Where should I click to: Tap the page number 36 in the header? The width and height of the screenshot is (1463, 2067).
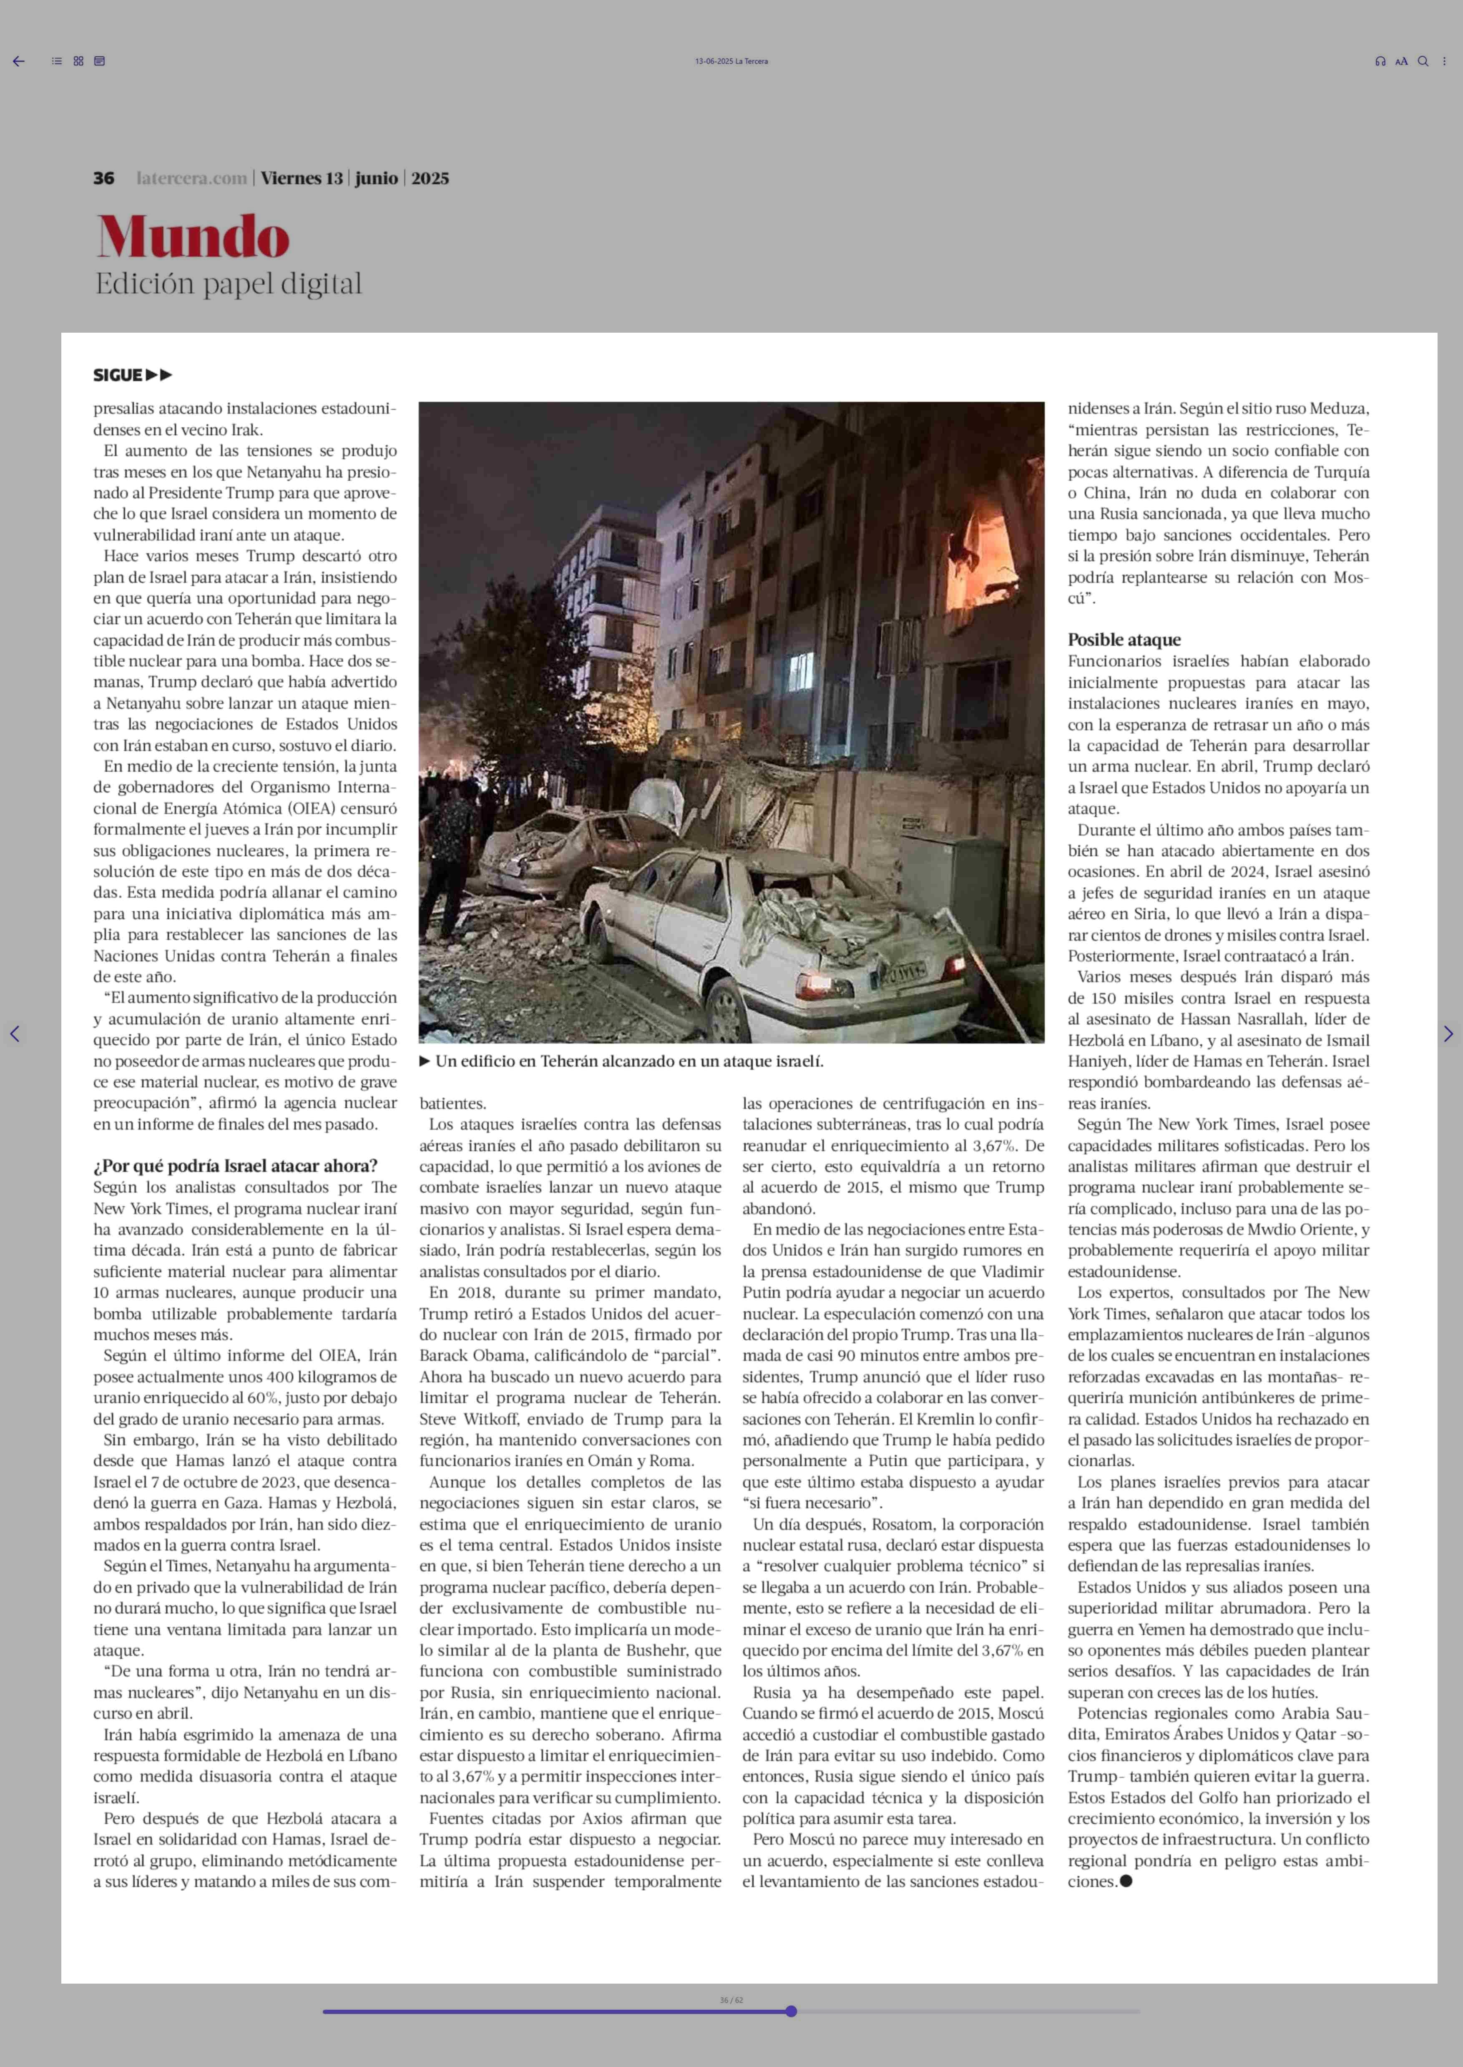coord(103,178)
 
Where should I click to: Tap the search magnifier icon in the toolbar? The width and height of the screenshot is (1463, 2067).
coord(1423,61)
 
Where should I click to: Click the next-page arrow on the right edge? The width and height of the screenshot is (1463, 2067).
coord(1448,1034)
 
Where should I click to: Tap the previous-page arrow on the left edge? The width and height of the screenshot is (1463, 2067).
coord(15,1034)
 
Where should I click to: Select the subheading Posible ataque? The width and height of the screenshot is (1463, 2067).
coord(1124,640)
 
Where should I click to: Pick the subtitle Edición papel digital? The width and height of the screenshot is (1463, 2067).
coord(229,284)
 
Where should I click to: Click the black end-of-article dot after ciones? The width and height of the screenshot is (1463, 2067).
coord(1125,1881)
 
